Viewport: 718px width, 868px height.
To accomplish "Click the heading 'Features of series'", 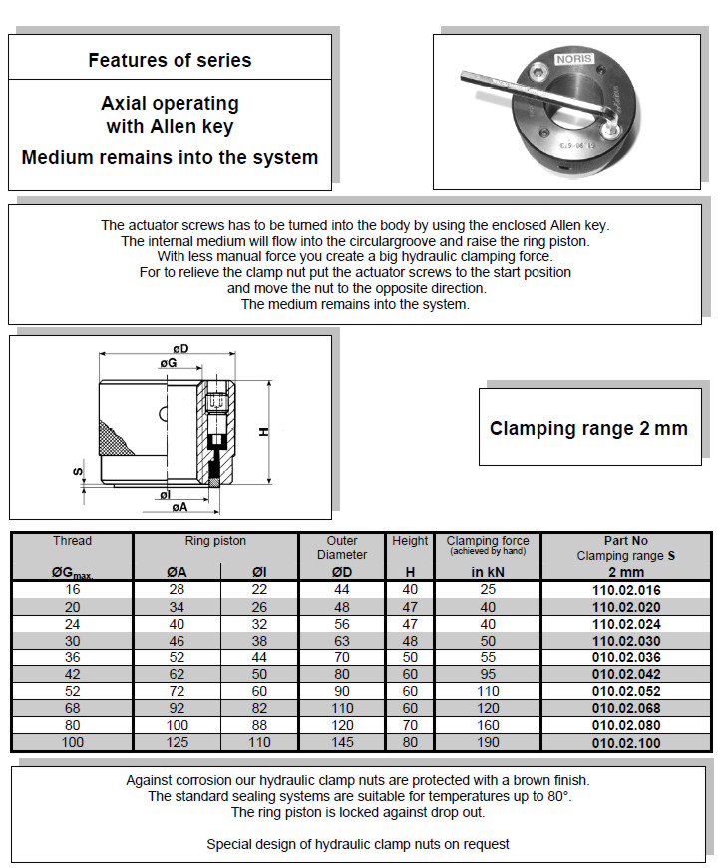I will (170, 60).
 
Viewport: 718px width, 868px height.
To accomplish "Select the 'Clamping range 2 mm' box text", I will (588, 429).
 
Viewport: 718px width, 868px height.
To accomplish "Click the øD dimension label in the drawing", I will (181, 348).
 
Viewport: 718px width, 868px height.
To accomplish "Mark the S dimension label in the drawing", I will (77, 471).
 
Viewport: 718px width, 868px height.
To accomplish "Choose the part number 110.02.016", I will (626, 590).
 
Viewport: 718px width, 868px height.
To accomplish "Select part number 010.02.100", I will (626, 743).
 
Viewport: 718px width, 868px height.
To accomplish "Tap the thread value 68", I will (71, 708).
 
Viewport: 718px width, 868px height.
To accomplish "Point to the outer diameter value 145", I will (342, 743).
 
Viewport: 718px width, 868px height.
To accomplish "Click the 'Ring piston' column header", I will (215, 541).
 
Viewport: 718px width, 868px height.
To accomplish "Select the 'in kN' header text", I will (488, 572).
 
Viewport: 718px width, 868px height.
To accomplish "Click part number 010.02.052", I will (626, 691).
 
